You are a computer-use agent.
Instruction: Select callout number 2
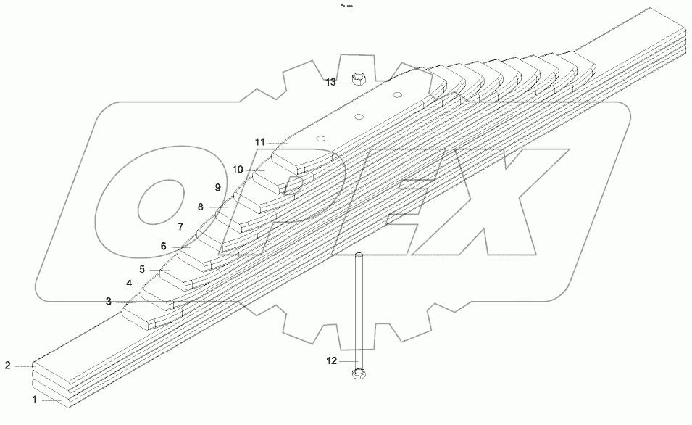point(8,365)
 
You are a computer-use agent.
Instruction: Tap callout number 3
point(108,301)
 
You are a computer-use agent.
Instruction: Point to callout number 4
point(129,283)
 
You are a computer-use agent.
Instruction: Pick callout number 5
point(143,269)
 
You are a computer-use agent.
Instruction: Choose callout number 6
point(164,246)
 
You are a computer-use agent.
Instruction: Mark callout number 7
point(181,227)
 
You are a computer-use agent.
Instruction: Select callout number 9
point(217,187)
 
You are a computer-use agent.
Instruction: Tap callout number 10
point(237,169)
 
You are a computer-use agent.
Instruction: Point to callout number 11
point(259,141)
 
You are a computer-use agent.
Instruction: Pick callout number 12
point(331,361)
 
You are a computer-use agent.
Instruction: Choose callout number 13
point(330,82)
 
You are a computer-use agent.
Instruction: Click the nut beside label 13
point(358,78)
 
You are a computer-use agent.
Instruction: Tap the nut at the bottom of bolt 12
point(358,374)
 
